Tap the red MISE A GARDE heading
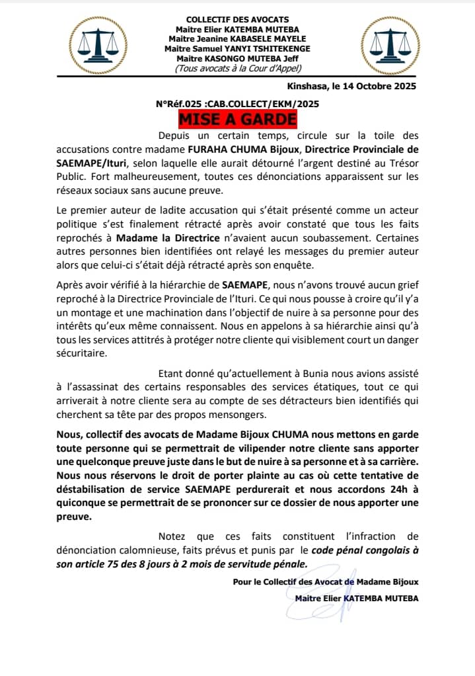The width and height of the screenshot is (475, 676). tap(237, 120)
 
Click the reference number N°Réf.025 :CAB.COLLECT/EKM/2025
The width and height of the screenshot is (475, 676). tap(237, 104)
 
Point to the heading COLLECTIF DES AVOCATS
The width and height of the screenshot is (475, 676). tap(237, 20)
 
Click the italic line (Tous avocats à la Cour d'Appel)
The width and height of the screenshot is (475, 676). tap(237, 68)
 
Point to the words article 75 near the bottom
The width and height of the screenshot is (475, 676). tap(98, 564)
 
